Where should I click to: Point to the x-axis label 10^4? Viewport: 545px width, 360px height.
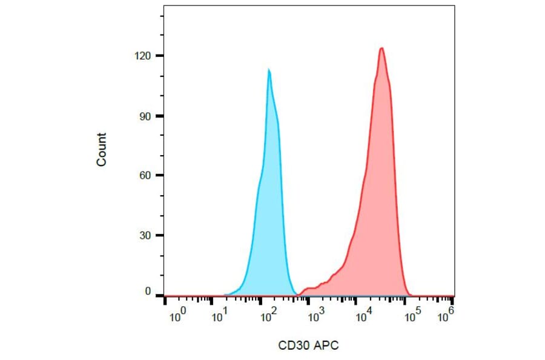(365, 313)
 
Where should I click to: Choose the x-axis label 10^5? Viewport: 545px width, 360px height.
(412, 313)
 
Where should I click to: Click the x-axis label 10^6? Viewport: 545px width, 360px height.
(446, 313)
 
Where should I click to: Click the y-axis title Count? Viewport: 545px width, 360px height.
(101, 150)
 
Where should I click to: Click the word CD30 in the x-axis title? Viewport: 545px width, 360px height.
(292, 345)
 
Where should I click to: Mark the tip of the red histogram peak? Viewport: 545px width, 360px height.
(381, 48)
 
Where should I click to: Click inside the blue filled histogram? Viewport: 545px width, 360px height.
(269, 212)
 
